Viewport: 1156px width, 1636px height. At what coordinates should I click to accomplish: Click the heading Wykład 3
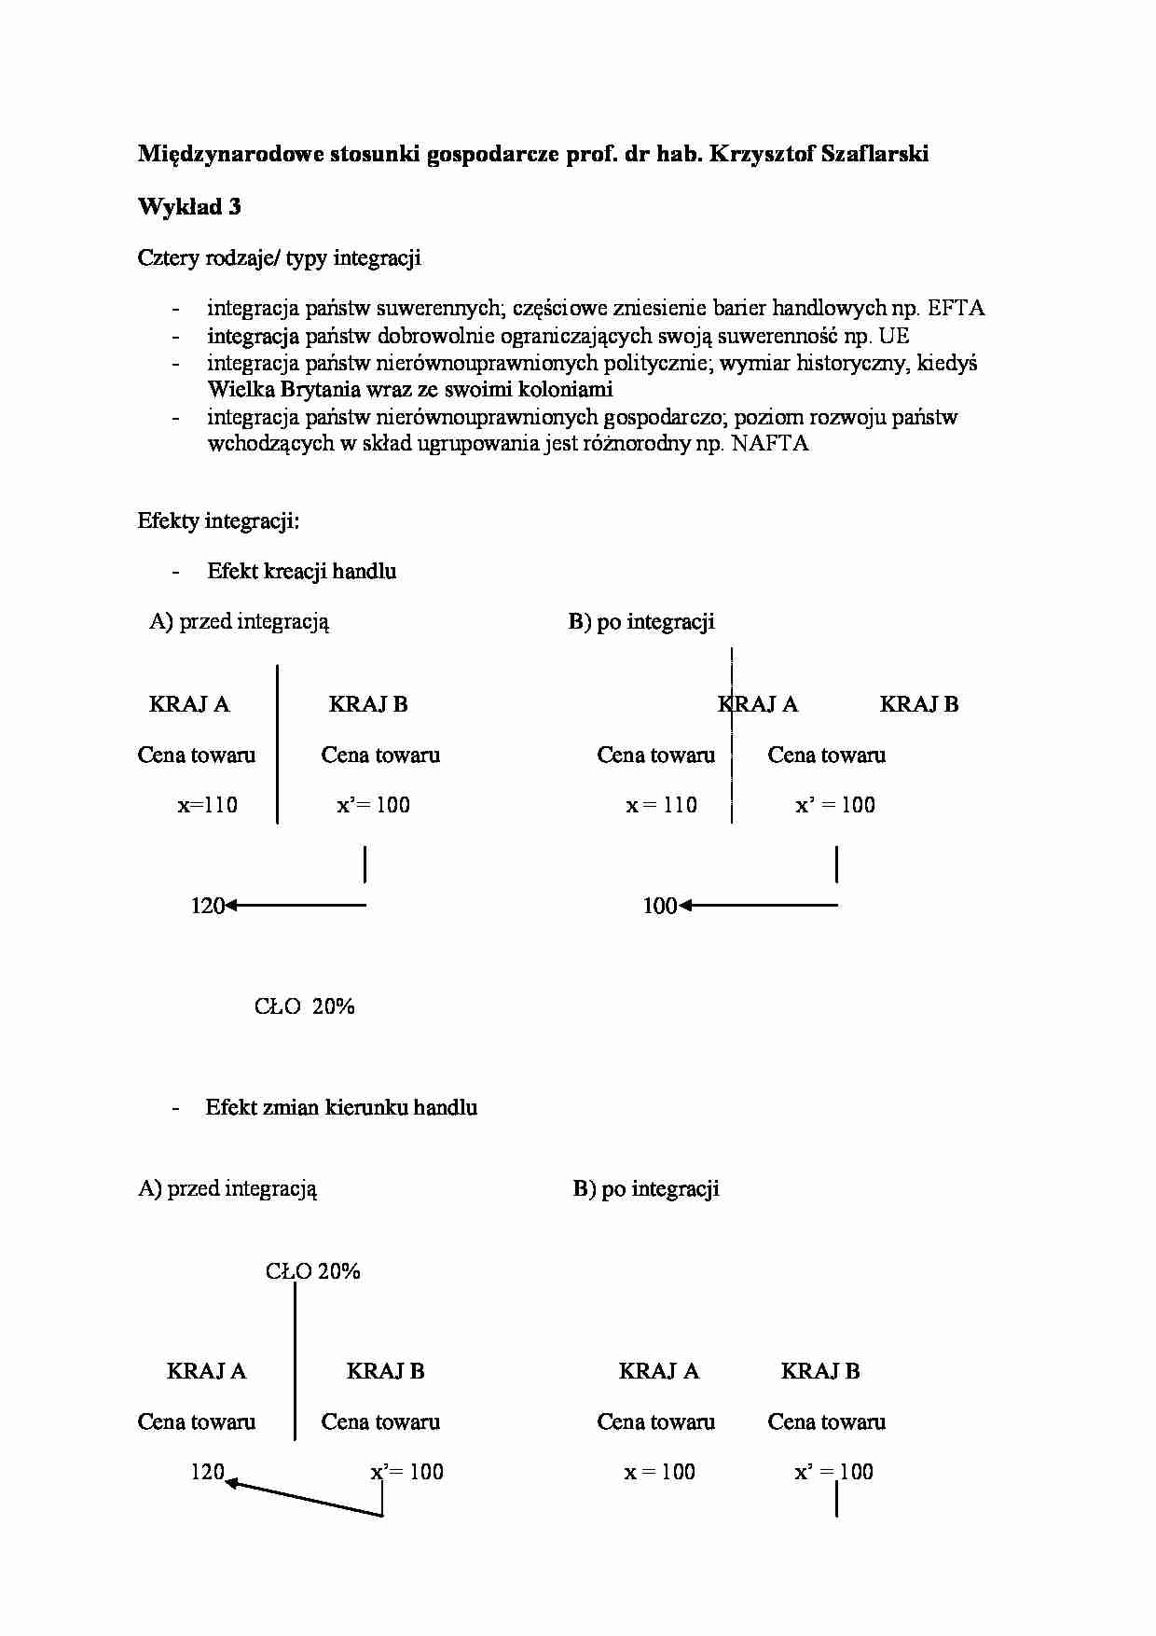(189, 206)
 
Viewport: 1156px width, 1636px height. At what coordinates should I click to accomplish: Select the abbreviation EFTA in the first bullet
(956, 308)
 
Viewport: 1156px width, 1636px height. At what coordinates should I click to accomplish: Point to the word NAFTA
(769, 443)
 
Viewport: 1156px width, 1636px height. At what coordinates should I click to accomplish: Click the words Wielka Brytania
(279, 389)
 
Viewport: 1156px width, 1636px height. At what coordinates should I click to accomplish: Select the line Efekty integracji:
(218, 520)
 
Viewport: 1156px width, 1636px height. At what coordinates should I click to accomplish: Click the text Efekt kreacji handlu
(301, 571)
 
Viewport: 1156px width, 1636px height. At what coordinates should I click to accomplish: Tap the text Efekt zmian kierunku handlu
(341, 1107)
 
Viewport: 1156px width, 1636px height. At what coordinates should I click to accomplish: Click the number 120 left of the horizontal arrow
(207, 905)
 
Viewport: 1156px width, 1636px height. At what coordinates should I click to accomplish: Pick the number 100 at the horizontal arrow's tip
(659, 905)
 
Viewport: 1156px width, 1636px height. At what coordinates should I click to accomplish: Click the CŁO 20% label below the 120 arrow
(305, 1006)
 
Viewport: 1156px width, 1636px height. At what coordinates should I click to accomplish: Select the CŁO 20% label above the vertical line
(312, 1271)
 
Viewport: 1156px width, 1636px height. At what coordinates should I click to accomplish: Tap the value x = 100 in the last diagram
(659, 1472)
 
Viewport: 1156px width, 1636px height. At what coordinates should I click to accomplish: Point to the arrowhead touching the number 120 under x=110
(230, 905)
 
